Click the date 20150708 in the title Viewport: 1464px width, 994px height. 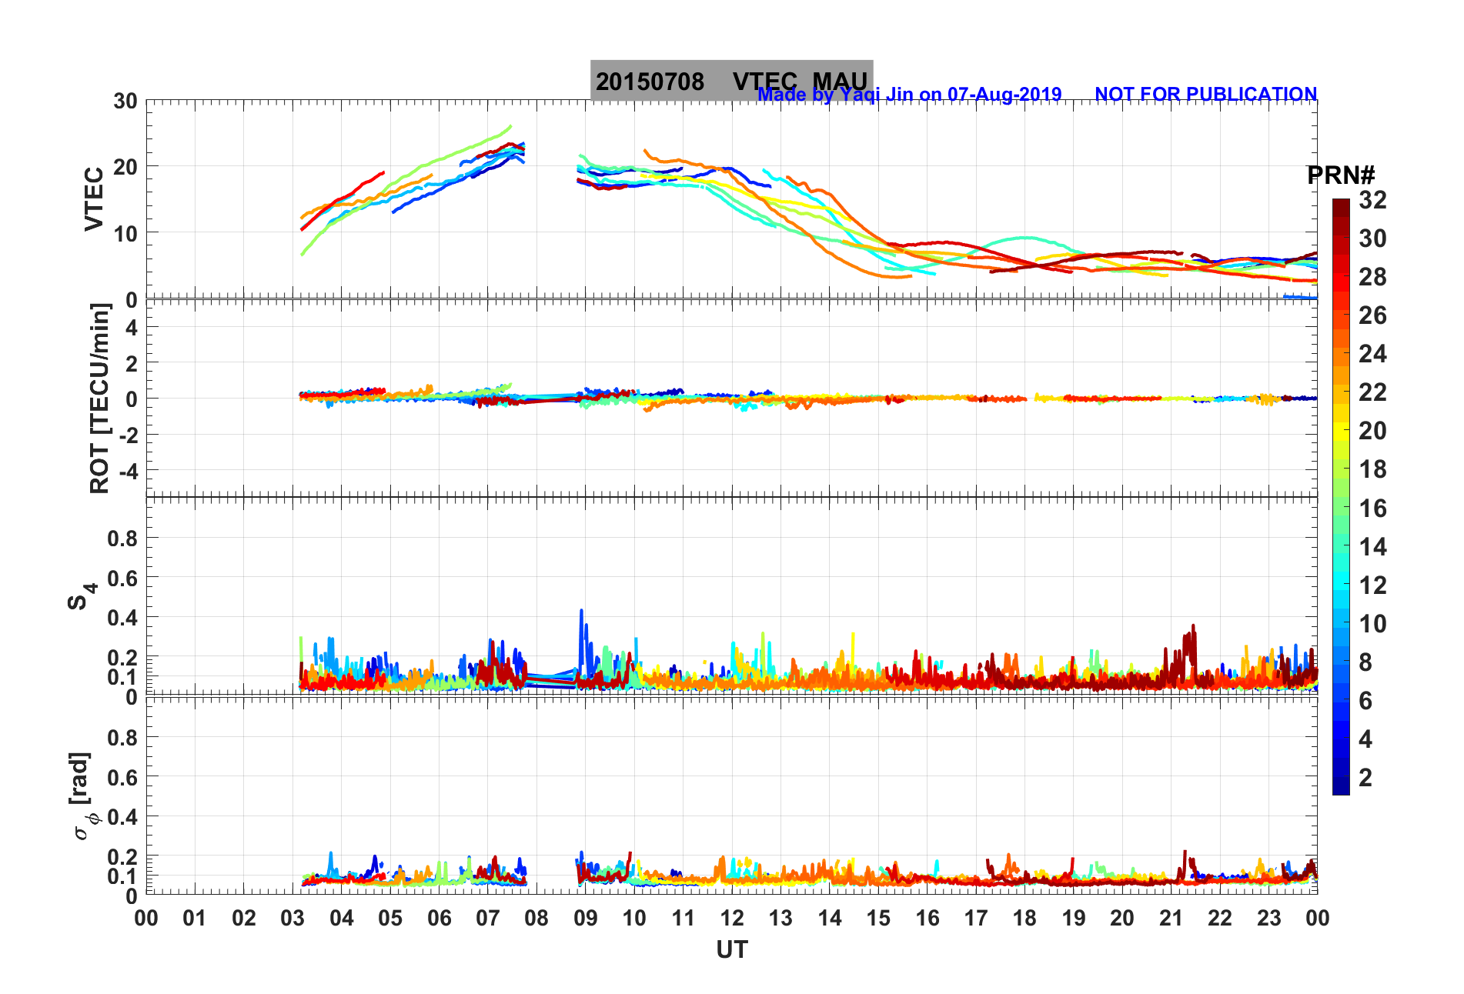point(650,82)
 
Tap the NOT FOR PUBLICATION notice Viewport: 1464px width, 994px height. point(1205,94)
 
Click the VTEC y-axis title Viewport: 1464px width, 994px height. point(94,198)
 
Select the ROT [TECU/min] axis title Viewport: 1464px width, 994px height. point(100,398)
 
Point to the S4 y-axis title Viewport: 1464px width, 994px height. point(82,595)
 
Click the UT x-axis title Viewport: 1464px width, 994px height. point(731,950)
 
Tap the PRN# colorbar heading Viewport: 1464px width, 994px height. point(1341,175)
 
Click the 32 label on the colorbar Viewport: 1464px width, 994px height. point(1372,200)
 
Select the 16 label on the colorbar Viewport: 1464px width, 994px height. point(1372,508)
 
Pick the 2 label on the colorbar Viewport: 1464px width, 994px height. point(1365,777)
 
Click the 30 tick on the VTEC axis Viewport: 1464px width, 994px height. point(125,101)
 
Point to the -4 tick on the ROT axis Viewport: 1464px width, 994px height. point(125,470)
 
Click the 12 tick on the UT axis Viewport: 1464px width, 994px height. point(731,918)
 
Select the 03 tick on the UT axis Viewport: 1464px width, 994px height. point(292,918)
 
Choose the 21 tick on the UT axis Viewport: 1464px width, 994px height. point(1171,918)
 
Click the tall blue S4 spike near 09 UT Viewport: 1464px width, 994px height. point(581,612)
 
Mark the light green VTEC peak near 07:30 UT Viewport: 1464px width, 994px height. point(510,126)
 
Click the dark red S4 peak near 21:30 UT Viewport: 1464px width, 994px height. point(1194,626)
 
